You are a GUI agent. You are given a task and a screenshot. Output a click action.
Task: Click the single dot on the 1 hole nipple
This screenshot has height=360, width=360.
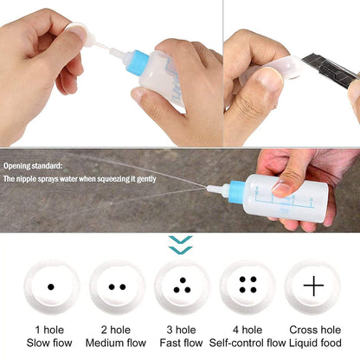click(x=51, y=287)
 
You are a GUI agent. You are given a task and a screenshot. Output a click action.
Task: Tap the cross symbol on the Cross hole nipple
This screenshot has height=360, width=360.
click(x=313, y=286)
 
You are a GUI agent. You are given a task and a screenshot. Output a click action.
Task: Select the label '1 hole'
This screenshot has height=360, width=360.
click(x=49, y=330)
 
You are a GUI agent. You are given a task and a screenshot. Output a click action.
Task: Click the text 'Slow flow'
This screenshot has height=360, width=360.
click(x=49, y=343)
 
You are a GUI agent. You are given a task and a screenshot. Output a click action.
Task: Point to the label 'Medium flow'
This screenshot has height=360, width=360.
click(x=116, y=343)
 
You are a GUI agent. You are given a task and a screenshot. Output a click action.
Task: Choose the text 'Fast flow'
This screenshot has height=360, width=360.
click(x=181, y=343)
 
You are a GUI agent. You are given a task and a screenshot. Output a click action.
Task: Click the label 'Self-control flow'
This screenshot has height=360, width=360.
click(x=247, y=343)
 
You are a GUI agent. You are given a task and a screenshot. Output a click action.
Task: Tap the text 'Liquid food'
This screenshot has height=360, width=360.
click(x=315, y=343)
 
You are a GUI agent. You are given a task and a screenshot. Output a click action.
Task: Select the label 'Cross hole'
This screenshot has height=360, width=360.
click(x=315, y=330)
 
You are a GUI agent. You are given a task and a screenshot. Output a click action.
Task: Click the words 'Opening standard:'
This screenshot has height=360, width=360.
click(x=33, y=166)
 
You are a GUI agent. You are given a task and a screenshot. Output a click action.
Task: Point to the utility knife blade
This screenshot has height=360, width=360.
click(x=331, y=70)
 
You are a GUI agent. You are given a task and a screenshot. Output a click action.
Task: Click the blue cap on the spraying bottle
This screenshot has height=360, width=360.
click(x=236, y=192)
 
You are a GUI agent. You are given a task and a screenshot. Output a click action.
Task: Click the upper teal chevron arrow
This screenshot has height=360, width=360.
click(x=181, y=240)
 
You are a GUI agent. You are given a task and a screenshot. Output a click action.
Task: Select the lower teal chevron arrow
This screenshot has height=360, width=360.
click(x=181, y=250)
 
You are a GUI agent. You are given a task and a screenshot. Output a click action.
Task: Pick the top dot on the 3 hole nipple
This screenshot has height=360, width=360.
click(x=183, y=280)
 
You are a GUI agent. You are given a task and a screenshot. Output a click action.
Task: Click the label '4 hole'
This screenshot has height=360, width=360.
click(x=247, y=330)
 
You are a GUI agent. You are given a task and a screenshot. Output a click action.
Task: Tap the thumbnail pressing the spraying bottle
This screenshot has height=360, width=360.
click(x=280, y=188)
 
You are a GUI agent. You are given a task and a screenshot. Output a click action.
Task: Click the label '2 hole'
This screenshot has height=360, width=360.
click(x=116, y=330)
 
